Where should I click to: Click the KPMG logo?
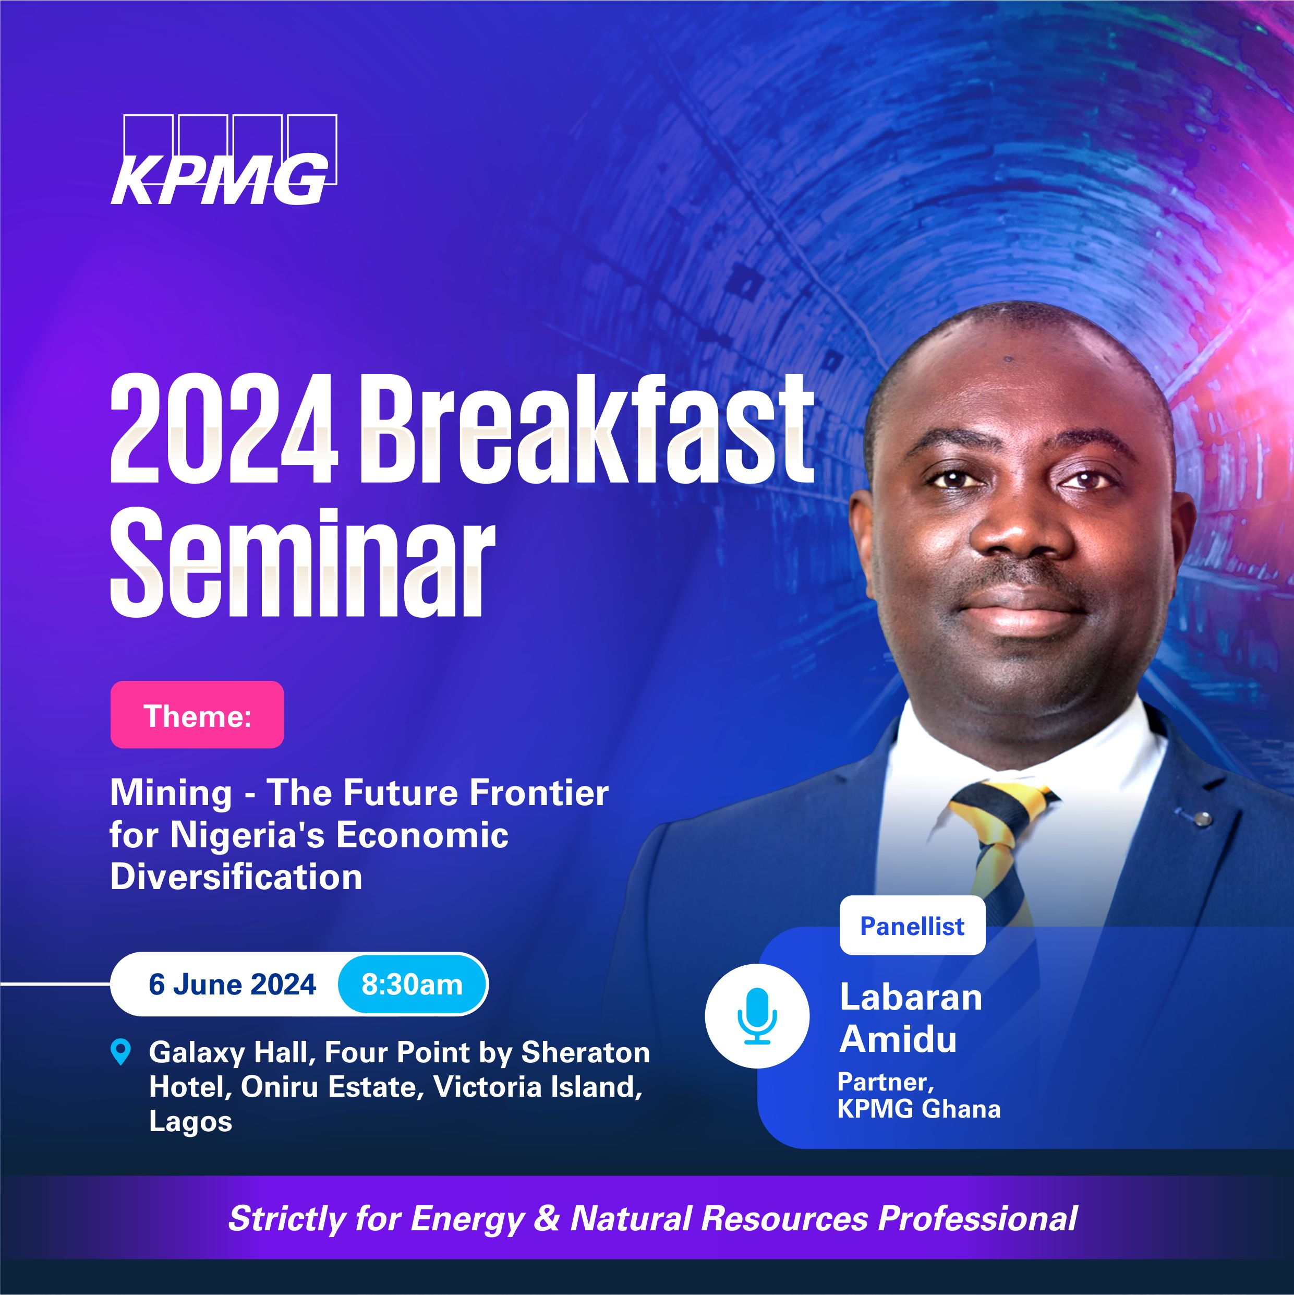pyautogui.click(x=223, y=160)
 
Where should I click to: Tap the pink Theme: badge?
pyautogui.click(x=197, y=714)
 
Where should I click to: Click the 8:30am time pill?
pyautogui.click(x=412, y=985)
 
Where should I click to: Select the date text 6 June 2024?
pyautogui.click(x=232, y=985)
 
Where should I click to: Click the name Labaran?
pyautogui.click(x=910, y=997)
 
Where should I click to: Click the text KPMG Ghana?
pyautogui.click(x=918, y=1109)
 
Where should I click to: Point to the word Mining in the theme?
pyautogui.click(x=171, y=794)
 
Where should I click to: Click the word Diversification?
pyautogui.click(x=236, y=877)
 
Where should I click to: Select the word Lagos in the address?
pyautogui.click(x=190, y=1121)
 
